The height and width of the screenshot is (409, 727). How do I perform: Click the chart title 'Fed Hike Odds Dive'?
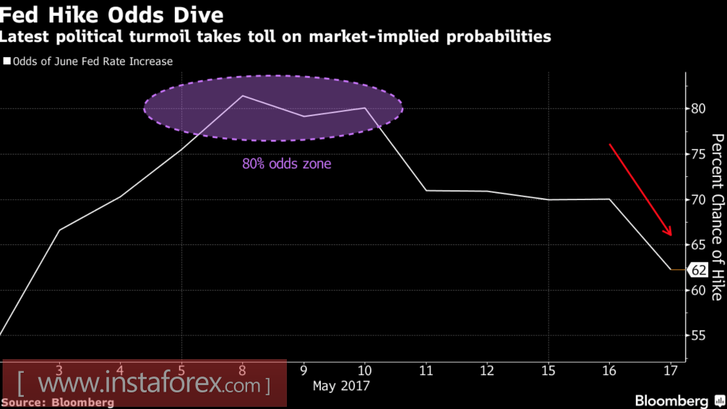(x=112, y=14)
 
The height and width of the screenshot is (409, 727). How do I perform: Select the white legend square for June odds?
(x=7, y=62)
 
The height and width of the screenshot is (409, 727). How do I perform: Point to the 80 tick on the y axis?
(x=698, y=109)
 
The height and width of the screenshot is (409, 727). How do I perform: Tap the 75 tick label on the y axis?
(x=698, y=154)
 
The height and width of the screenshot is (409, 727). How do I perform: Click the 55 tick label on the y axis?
(x=698, y=336)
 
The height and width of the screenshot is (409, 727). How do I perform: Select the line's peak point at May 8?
(x=242, y=95)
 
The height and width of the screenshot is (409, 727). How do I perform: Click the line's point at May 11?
(x=426, y=190)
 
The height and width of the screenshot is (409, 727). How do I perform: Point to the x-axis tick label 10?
(x=364, y=369)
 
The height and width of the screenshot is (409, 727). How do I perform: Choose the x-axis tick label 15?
(x=549, y=369)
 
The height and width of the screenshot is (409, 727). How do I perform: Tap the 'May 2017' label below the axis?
(x=341, y=386)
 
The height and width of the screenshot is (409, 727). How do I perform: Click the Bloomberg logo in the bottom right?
(x=671, y=400)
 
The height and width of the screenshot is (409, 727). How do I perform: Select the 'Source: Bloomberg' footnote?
(x=57, y=402)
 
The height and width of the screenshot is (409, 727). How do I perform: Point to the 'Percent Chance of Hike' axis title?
(x=716, y=217)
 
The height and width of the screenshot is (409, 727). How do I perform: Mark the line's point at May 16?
(x=610, y=199)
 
